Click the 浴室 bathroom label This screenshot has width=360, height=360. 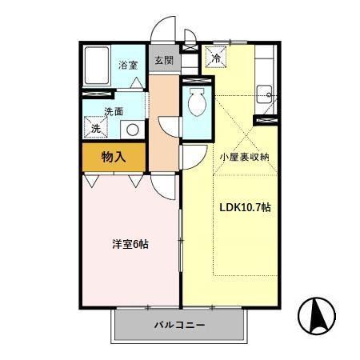click(128, 66)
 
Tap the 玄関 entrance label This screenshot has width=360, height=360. click(163, 60)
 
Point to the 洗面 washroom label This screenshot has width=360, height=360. click(113, 112)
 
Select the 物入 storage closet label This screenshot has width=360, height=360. click(113, 157)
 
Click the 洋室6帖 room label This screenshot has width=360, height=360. click(130, 244)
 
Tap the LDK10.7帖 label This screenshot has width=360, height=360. click(246, 207)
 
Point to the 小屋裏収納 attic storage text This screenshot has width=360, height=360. click(245, 157)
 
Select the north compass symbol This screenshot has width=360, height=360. click(315, 317)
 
